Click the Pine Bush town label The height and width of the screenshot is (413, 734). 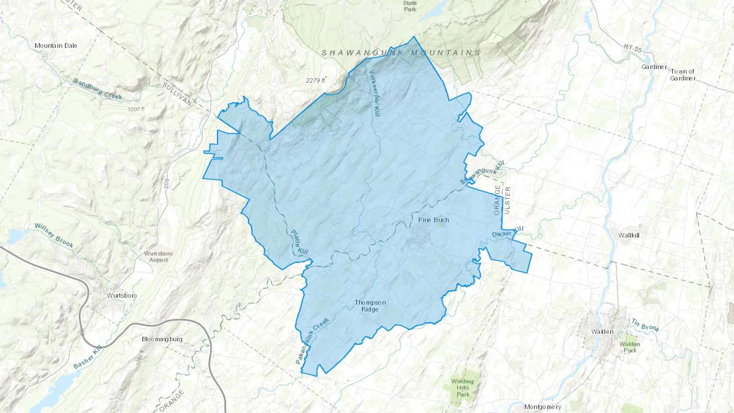click(x=433, y=220)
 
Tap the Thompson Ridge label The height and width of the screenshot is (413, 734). click(x=370, y=306)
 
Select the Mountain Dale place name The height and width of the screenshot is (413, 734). click(x=56, y=46)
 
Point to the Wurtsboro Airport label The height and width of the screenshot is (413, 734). click(x=158, y=256)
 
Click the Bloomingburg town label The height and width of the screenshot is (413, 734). click(x=162, y=339)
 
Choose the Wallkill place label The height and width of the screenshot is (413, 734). click(x=628, y=235)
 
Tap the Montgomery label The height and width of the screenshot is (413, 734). click(x=542, y=407)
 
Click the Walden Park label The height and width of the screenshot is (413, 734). click(x=630, y=347)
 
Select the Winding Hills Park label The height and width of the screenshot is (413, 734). click(x=463, y=388)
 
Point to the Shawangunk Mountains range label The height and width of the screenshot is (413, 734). click(x=401, y=53)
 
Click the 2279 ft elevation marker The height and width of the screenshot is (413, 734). click(x=316, y=81)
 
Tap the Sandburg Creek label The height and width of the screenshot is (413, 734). click(x=98, y=89)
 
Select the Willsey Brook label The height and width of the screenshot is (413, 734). click(x=54, y=235)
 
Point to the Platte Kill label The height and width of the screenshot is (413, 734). click(x=299, y=242)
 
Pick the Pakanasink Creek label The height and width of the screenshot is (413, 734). click(x=312, y=341)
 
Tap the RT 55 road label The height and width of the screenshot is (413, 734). click(x=632, y=49)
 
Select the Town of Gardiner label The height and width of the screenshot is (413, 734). click(x=682, y=75)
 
